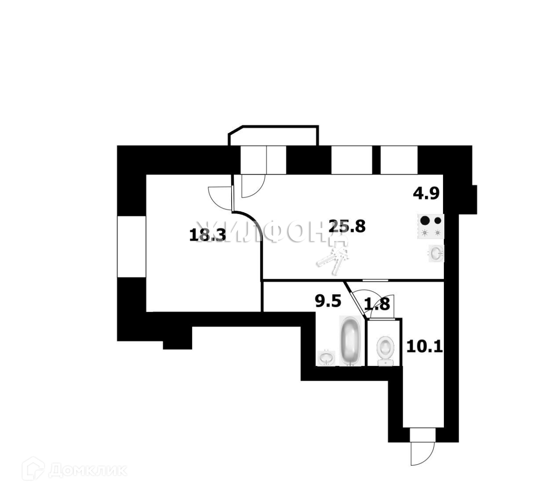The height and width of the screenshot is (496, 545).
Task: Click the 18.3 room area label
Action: (x=208, y=236)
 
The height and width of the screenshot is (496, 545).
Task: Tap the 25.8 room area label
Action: (x=347, y=226)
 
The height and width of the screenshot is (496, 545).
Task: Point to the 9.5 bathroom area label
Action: (x=328, y=301)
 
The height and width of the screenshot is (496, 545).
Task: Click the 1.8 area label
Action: (x=377, y=304)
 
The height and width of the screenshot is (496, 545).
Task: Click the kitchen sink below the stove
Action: (x=436, y=253)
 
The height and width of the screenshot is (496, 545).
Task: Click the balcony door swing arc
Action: (x=252, y=186)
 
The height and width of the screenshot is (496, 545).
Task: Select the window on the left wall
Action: (x=131, y=246)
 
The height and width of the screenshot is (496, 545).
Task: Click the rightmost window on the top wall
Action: (x=399, y=160)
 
